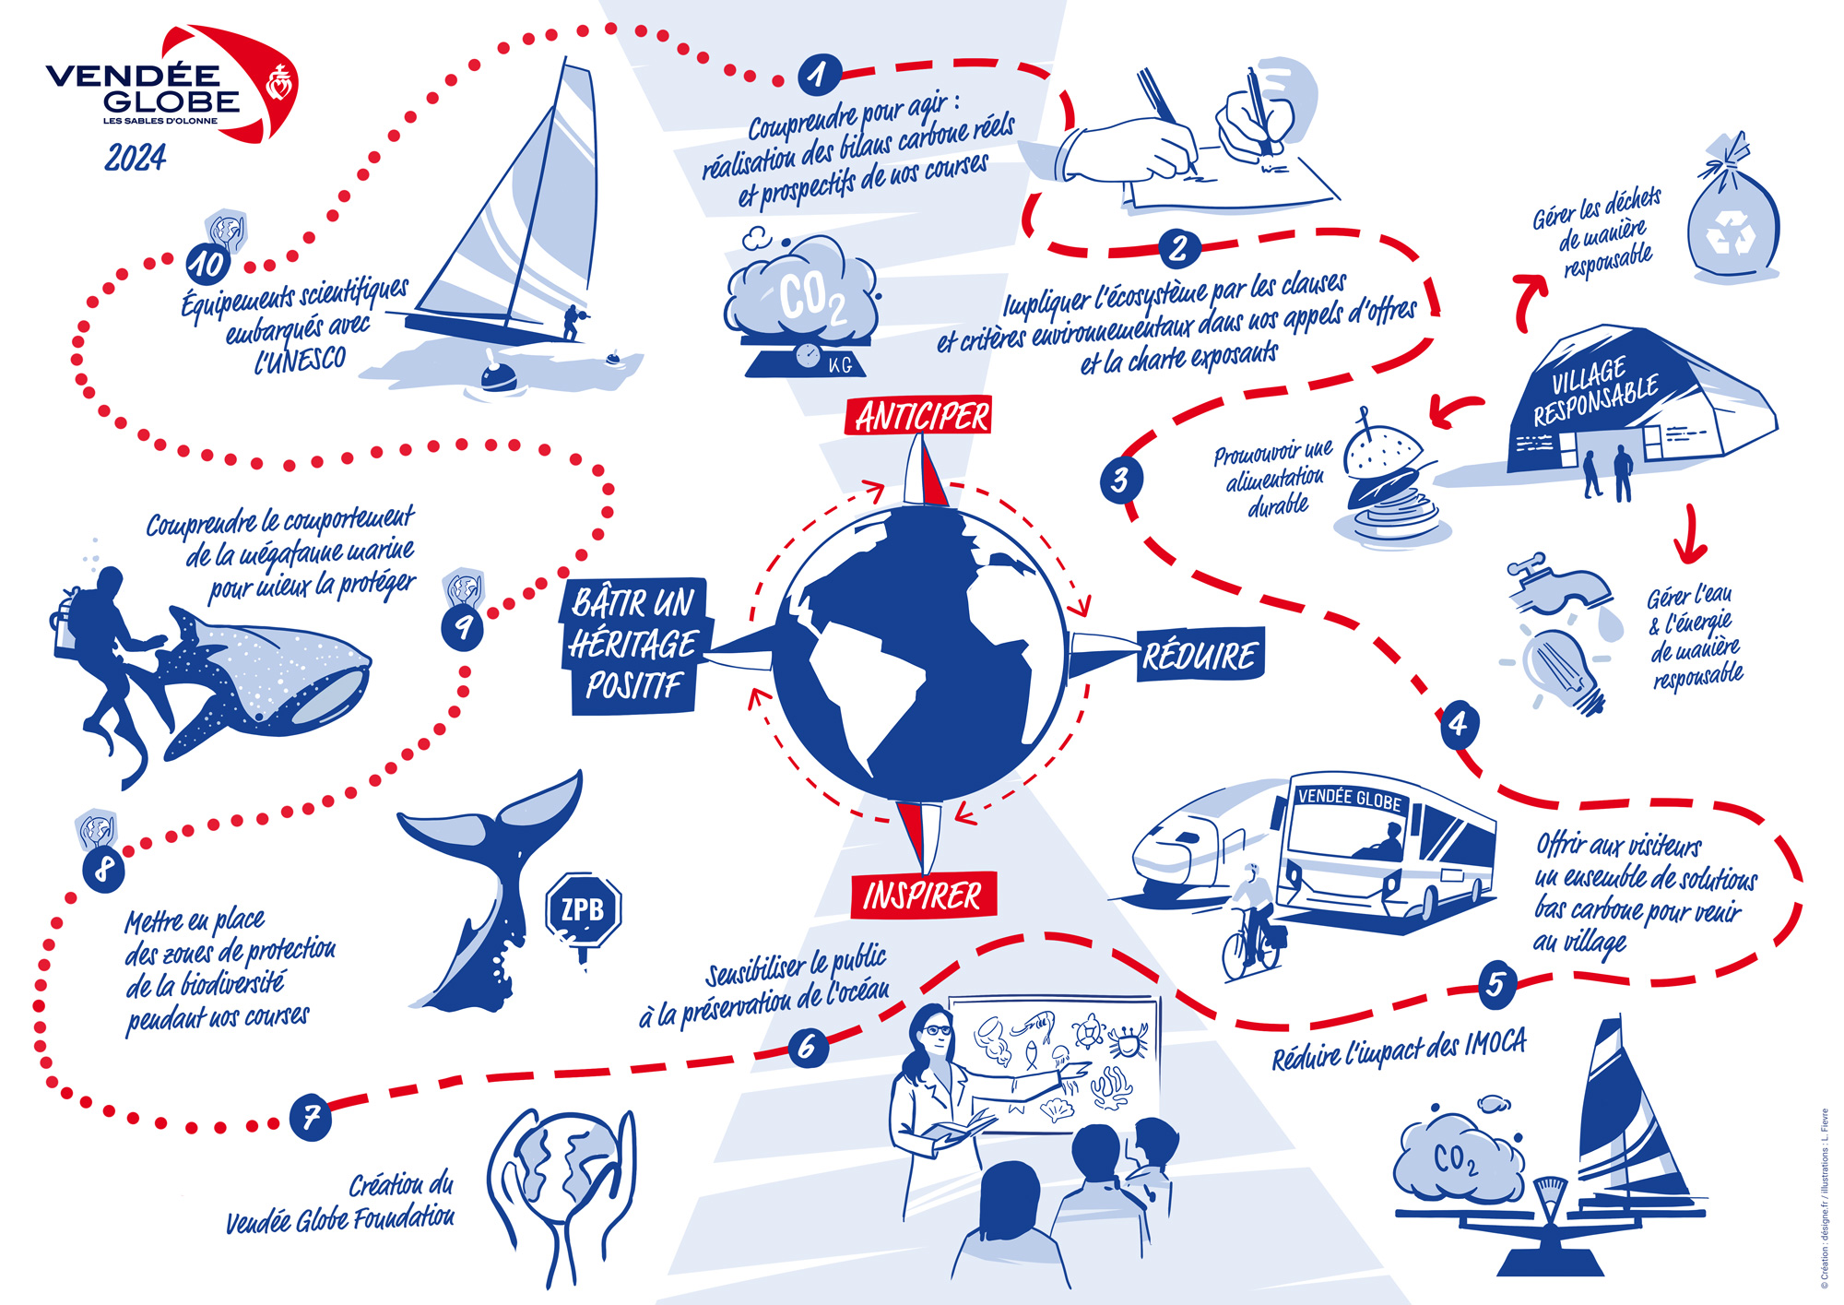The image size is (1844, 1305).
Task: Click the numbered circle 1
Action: (818, 75)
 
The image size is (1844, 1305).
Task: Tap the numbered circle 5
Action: (1495, 984)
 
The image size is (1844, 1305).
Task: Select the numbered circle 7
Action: (311, 1117)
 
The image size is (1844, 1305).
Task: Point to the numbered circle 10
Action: (207, 264)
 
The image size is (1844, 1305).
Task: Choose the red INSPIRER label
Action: (923, 895)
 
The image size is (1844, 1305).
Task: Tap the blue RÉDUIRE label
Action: (1200, 656)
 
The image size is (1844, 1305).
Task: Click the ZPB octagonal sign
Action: (583, 910)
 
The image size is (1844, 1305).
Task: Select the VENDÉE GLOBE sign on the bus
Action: (1349, 799)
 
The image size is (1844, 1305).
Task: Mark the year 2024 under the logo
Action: (136, 158)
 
